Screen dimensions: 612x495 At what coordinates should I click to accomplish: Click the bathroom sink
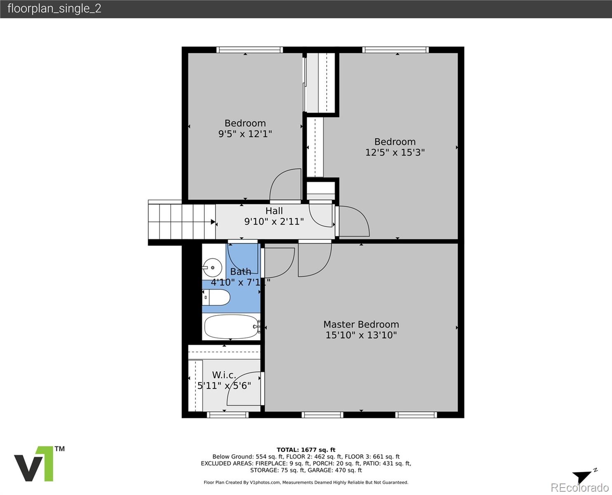[x=212, y=267]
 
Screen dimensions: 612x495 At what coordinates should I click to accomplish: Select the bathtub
[x=232, y=327]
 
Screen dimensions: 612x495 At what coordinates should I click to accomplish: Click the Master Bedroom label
[x=361, y=324]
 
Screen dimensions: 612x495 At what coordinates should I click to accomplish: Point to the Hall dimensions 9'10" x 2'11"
[x=274, y=222]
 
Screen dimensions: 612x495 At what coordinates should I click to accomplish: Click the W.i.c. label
[x=224, y=375]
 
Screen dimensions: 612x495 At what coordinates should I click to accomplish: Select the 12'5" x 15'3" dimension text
[x=395, y=152]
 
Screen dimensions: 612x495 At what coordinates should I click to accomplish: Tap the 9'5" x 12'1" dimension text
[x=245, y=134]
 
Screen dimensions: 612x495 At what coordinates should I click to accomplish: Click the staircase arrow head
[x=213, y=222]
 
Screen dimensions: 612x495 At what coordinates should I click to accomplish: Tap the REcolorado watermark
[x=579, y=488]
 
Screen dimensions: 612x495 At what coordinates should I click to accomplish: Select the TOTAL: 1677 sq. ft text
[x=306, y=450]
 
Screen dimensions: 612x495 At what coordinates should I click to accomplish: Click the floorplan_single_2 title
[x=54, y=9]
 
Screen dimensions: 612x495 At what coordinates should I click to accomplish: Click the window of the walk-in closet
[x=228, y=415]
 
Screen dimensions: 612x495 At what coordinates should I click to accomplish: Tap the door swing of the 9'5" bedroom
[x=285, y=184]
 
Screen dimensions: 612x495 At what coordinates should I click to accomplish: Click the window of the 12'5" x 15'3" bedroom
[x=395, y=50]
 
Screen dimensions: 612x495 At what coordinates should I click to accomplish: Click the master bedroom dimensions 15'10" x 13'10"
[x=361, y=335]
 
